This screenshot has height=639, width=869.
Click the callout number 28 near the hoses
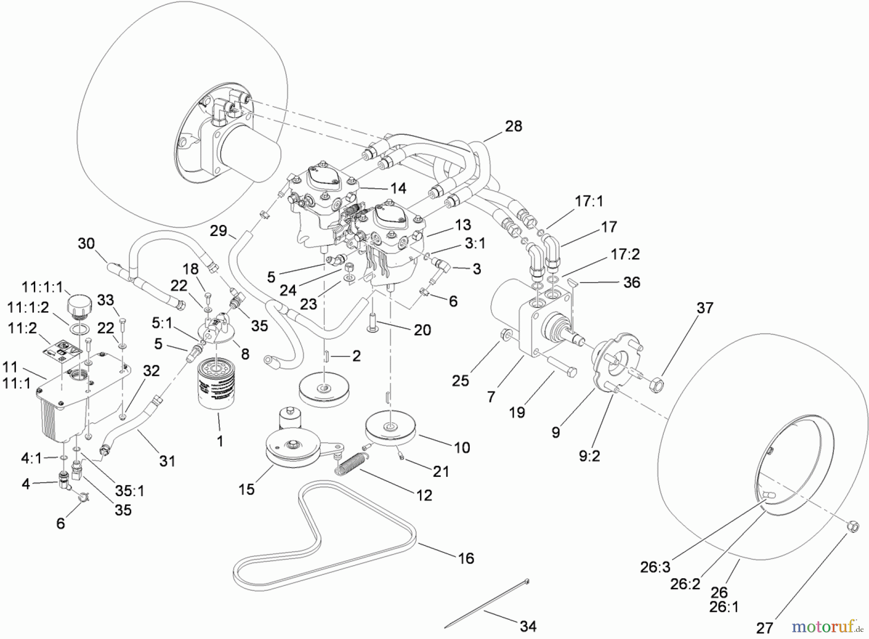pos(514,126)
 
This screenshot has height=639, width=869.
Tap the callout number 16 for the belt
pos(466,558)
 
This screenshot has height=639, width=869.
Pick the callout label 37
pos(705,308)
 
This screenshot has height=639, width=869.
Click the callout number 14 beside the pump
pos(398,188)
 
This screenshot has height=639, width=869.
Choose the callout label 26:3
pos(655,567)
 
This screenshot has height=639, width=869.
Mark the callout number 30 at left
pos(86,243)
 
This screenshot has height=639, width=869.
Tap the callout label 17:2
pos(625,254)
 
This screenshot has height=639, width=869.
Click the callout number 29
pos(218,231)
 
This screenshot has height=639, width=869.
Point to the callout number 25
pos(461,381)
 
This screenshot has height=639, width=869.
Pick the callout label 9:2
pos(589,456)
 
